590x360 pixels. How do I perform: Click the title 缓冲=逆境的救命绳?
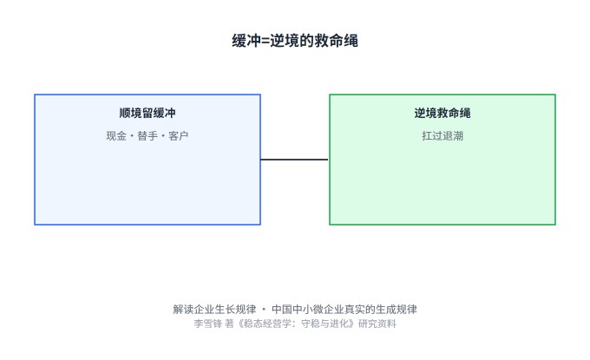[x=295, y=41]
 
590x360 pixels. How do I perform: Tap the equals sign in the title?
[x=265, y=41]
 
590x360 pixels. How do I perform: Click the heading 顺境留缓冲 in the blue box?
[x=147, y=113]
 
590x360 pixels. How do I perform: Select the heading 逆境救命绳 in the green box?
[x=442, y=113]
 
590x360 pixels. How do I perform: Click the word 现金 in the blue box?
[x=116, y=136]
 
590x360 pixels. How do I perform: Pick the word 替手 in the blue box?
[x=147, y=136]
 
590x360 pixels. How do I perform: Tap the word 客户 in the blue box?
[x=179, y=136]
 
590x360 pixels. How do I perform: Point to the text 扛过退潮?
[x=442, y=136]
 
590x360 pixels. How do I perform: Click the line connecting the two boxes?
[x=294, y=160]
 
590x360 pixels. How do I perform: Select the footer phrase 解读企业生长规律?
[x=214, y=309]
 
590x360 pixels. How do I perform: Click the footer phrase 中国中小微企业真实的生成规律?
[x=344, y=309]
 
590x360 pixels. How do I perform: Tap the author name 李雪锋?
[x=208, y=324]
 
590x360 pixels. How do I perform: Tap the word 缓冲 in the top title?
[x=246, y=41]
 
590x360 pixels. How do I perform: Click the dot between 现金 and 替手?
[x=132, y=136]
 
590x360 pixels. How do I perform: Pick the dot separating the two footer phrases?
[x=264, y=310]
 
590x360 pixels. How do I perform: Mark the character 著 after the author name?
[x=229, y=324]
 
